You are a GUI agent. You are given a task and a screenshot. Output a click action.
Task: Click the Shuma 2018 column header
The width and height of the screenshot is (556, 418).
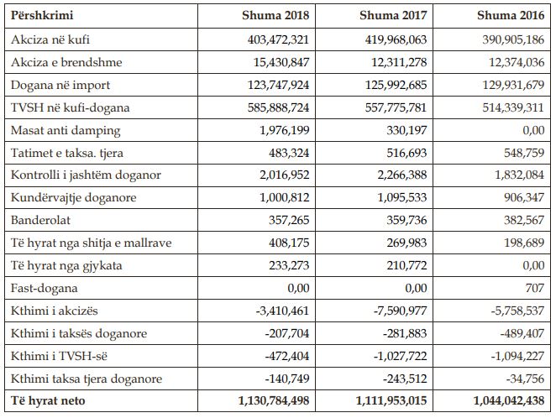[275, 15]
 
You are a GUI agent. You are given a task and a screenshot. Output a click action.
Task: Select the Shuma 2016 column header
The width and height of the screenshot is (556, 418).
[511, 15]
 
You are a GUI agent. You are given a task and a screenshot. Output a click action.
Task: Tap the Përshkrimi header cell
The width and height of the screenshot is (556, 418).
[42, 16]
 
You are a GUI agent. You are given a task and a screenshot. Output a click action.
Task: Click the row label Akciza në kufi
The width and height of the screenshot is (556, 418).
[50, 39]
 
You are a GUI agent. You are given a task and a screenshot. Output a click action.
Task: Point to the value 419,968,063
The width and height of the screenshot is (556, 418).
[396, 39]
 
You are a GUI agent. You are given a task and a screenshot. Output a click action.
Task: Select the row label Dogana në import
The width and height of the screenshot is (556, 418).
[60, 85]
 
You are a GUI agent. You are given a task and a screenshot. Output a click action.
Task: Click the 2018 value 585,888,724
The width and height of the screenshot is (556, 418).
[278, 107]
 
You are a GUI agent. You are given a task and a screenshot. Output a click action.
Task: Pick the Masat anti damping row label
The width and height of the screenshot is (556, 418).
[66, 131]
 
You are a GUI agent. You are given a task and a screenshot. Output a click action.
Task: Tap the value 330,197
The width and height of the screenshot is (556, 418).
[407, 130]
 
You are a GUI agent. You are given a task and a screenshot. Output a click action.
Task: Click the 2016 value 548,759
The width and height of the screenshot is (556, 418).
[524, 153]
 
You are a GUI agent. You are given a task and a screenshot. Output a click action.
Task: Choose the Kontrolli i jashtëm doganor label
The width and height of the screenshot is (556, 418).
[86, 175]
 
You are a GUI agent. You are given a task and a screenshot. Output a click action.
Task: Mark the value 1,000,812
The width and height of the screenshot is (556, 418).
[285, 197]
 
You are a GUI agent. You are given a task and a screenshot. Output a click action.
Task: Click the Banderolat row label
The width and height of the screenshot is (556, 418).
[40, 220]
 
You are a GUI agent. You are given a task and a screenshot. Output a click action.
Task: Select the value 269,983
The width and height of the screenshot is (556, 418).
[407, 243]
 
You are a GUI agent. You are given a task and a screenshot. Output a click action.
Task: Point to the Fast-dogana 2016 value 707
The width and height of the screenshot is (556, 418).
[535, 288]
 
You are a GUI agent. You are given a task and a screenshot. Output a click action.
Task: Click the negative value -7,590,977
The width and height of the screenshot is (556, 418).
[400, 311]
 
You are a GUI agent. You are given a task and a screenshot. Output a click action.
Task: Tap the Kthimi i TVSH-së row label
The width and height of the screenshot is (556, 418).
[59, 356]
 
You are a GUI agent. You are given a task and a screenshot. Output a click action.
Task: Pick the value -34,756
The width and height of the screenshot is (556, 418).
[525, 379]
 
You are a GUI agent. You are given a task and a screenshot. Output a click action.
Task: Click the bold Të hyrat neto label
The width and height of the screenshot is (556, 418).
[48, 400]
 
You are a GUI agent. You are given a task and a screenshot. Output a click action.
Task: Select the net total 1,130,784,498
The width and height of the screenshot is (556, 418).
[274, 400]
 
